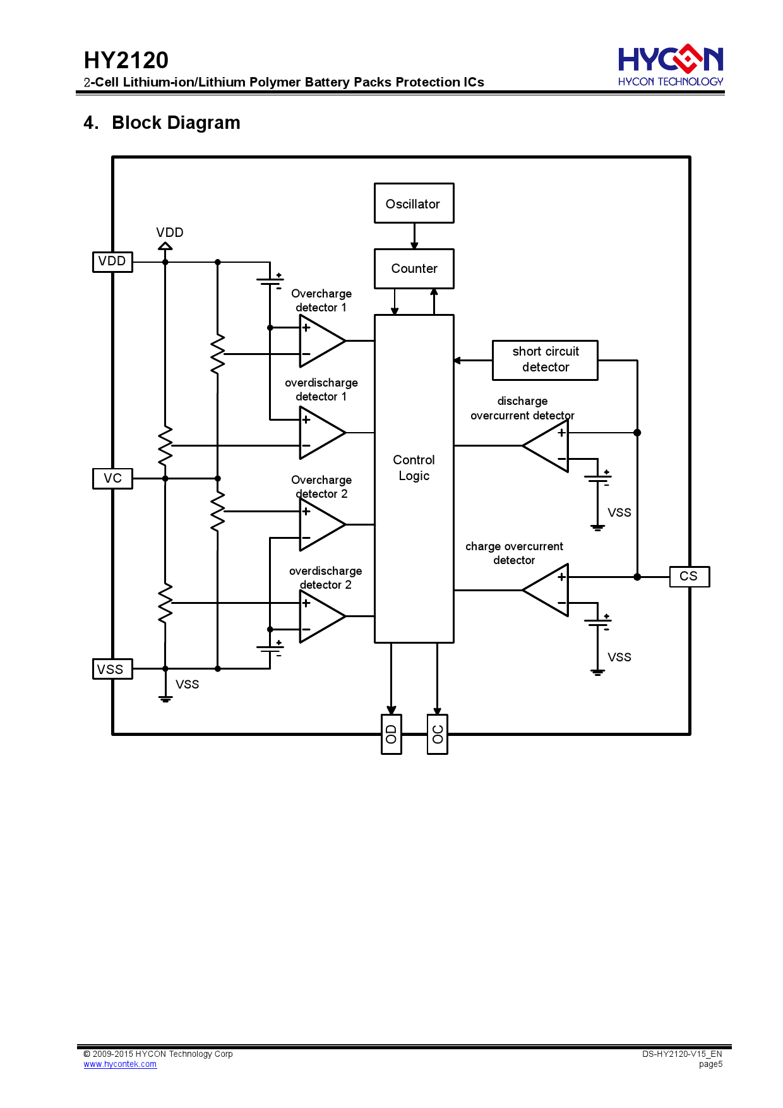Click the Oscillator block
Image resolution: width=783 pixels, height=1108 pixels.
pos(414,203)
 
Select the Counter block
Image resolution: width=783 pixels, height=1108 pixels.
pos(414,268)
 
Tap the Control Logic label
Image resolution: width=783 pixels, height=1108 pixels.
pos(414,467)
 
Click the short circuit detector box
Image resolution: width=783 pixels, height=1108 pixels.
pos(545,360)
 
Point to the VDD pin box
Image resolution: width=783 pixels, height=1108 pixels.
pos(112,262)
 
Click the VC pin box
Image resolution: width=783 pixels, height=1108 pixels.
pos(112,478)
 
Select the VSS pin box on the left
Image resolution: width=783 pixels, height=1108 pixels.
pos(112,669)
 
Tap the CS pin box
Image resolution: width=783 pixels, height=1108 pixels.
pos(689,576)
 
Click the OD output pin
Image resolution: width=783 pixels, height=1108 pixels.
pos(391,734)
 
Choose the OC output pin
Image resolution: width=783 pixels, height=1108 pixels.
pos(438,734)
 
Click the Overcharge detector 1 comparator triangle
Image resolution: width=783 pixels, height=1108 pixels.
pos(319,341)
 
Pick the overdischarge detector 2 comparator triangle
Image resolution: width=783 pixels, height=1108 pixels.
pos(319,616)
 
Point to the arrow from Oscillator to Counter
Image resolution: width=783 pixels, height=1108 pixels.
pos(414,236)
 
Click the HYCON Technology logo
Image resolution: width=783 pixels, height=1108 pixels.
pos(670,66)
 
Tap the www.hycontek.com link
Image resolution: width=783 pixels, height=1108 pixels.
pos(120,1064)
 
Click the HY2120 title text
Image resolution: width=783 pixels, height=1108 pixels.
pos(126,61)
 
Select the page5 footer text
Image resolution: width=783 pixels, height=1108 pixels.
pos(710,1064)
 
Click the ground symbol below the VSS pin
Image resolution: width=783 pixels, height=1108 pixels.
pos(165,698)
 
